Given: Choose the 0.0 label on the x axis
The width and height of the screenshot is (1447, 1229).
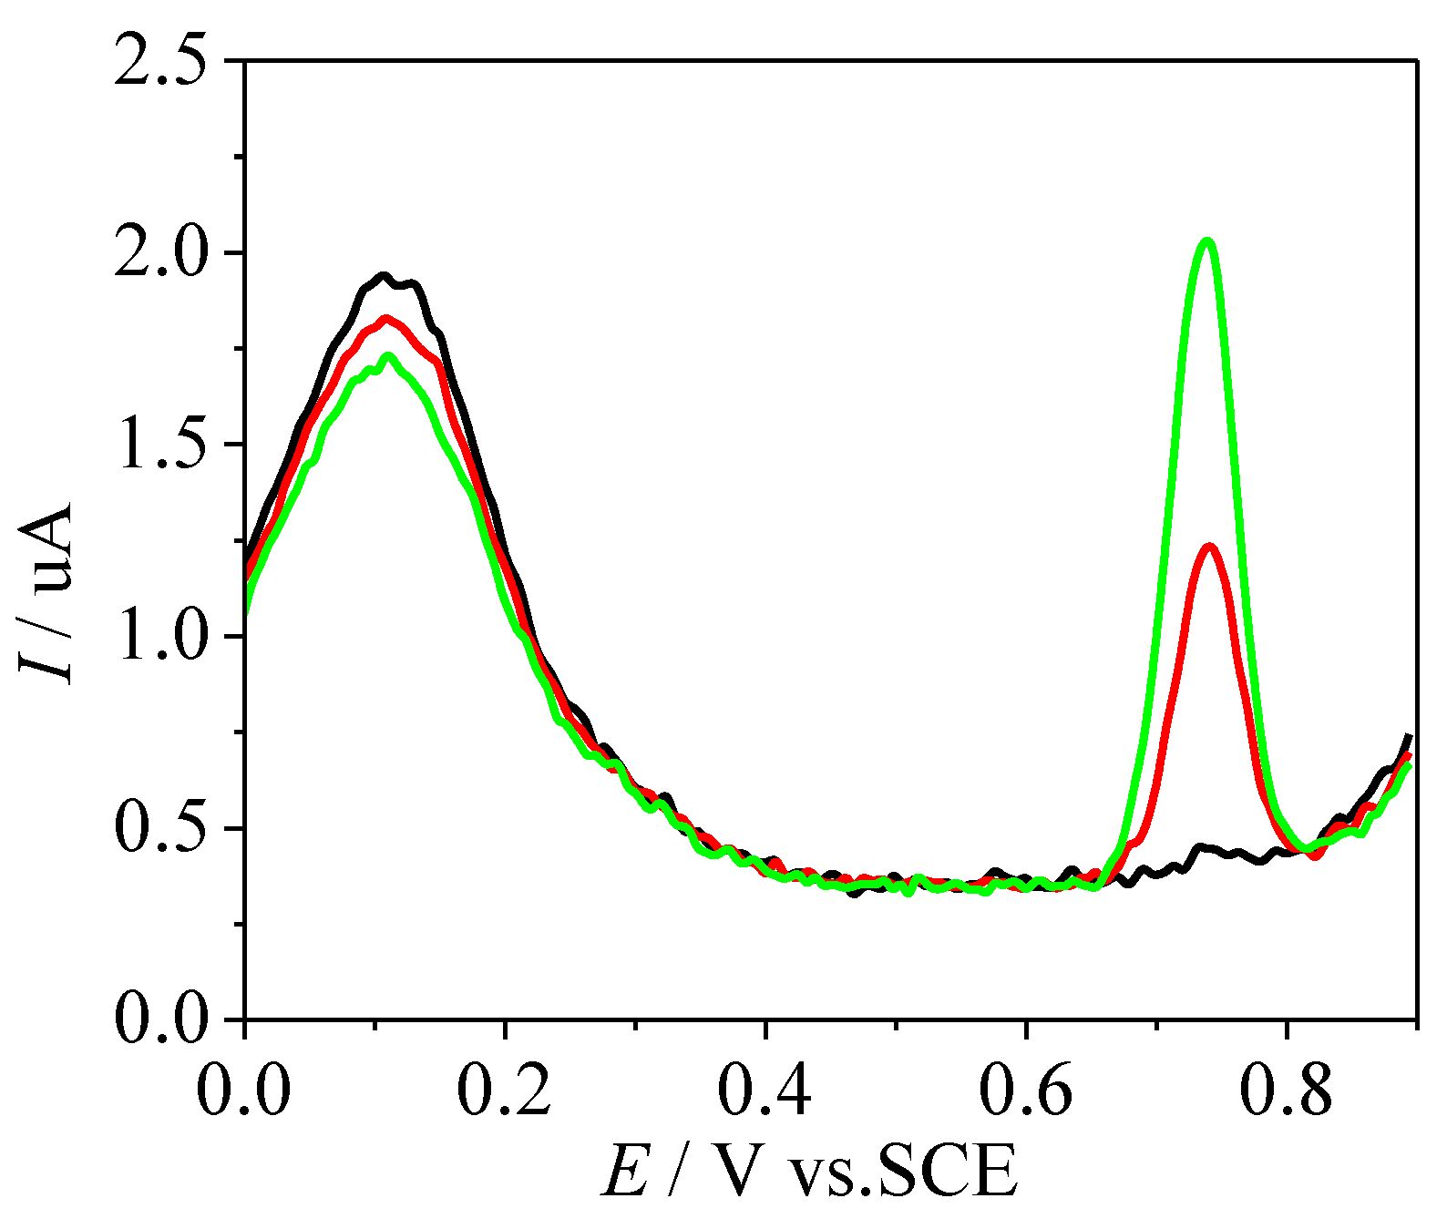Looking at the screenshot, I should (244, 1091).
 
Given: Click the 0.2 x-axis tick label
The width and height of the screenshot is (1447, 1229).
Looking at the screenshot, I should (504, 1091).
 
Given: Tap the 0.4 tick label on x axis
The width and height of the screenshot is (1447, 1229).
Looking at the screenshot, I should (765, 1091).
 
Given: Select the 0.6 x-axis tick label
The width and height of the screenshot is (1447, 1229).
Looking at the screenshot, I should (1025, 1091).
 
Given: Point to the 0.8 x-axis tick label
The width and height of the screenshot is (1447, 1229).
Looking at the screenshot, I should (1286, 1091).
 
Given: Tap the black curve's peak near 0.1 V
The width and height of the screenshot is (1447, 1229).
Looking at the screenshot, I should (384, 275).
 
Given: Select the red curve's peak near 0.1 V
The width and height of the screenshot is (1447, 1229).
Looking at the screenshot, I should (385, 319).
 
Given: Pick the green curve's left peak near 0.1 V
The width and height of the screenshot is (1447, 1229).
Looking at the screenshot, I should (389, 356).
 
